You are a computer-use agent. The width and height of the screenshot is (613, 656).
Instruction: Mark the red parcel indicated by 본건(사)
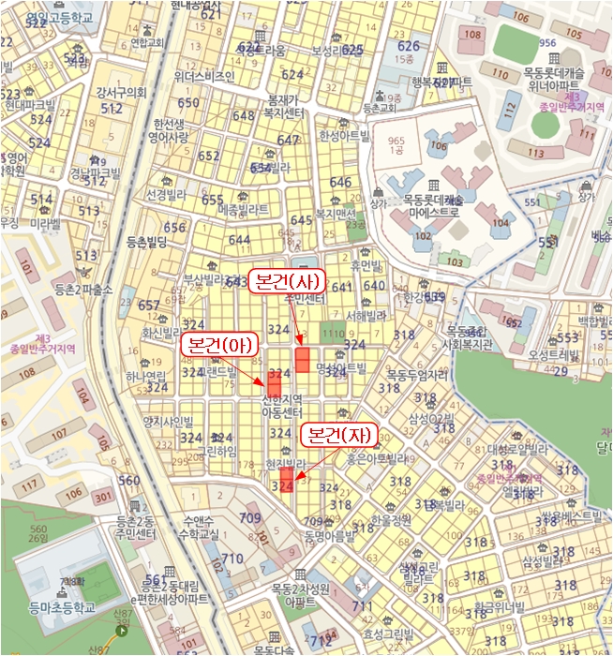coord(303,360)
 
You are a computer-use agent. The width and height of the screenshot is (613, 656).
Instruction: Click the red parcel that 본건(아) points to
coord(275,384)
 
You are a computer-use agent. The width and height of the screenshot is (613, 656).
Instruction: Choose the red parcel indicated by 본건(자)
coord(288,480)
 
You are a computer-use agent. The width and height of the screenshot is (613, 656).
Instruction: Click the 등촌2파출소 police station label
coord(83,290)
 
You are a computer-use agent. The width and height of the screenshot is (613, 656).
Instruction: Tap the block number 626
coord(409,45)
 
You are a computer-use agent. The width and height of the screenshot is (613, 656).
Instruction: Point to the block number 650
coord(188,103)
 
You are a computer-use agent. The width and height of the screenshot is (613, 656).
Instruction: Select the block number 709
coord(250,517)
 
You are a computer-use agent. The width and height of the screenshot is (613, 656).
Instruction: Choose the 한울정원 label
coord(392,519)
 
